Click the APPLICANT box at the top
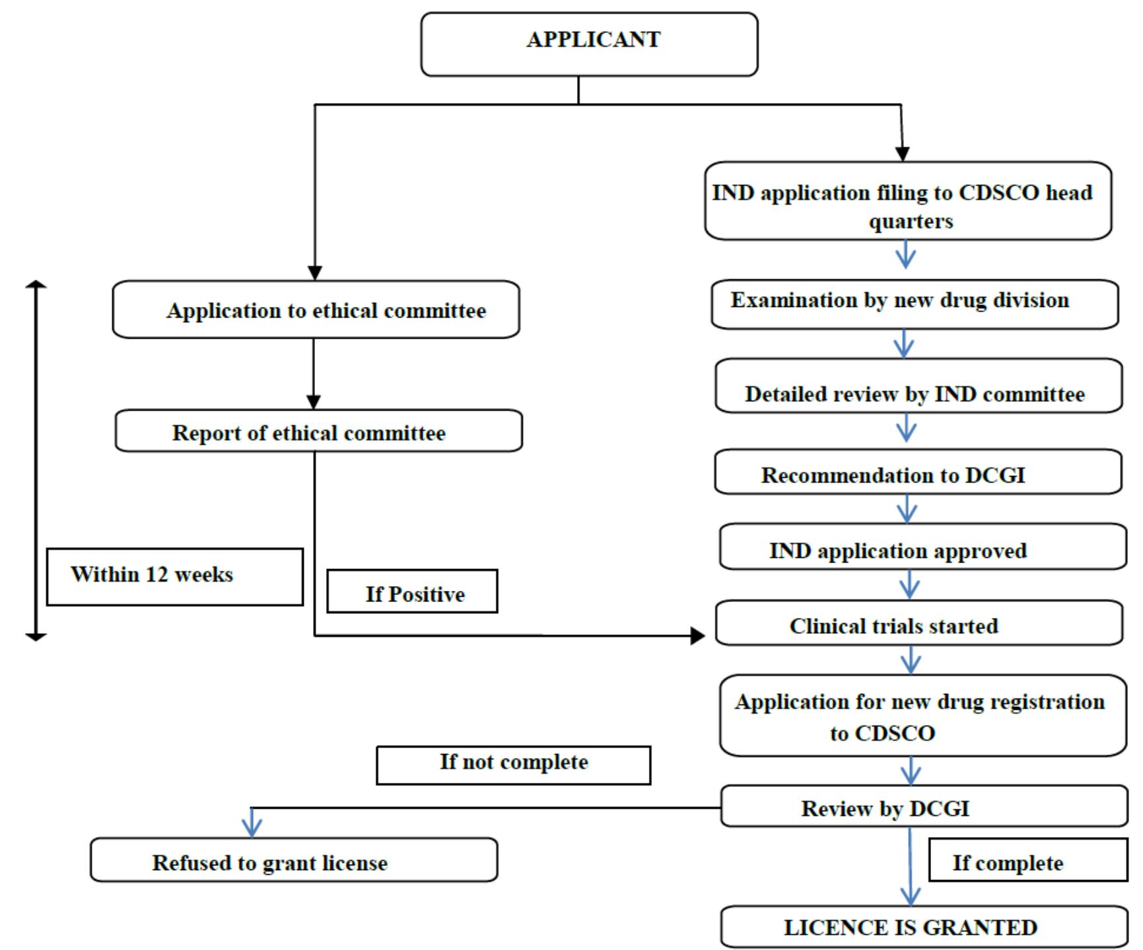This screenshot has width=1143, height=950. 589,44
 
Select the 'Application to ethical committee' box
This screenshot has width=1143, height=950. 316,310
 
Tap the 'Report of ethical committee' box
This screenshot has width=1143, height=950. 318,431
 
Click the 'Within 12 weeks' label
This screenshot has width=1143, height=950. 174,576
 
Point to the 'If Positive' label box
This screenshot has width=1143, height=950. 412,592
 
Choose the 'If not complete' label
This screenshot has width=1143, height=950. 513,765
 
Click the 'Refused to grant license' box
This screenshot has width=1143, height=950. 293,860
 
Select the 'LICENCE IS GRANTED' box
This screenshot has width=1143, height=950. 924,927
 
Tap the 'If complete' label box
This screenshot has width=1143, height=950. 1027,860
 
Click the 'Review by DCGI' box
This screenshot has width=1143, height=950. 924,806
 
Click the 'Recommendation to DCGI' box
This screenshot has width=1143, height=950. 918,472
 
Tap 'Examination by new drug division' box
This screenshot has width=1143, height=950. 915,304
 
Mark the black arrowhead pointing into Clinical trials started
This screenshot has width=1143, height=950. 698,636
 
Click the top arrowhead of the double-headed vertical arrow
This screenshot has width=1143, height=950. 36,285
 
